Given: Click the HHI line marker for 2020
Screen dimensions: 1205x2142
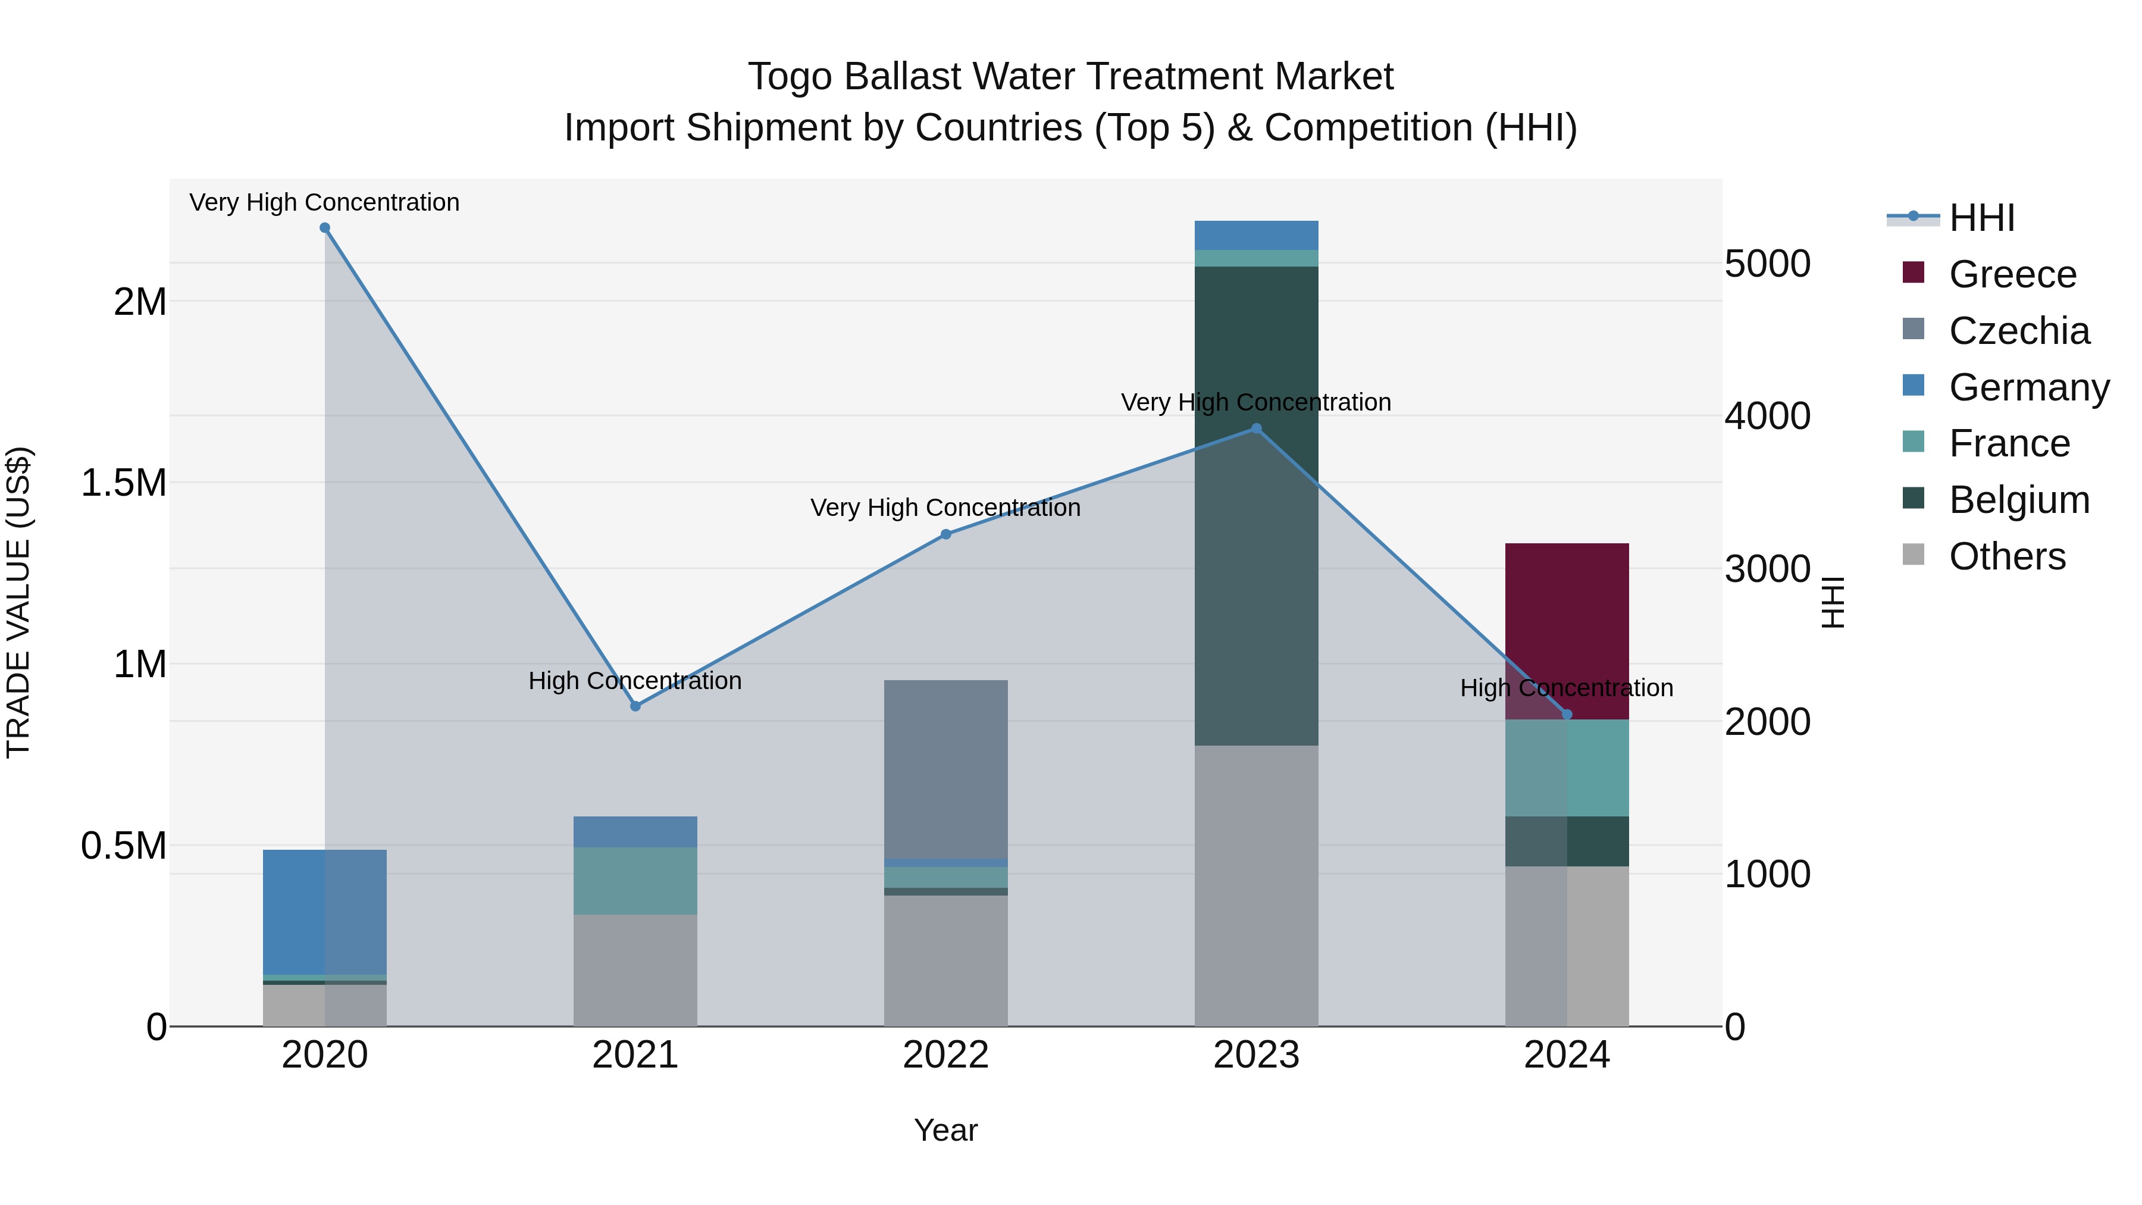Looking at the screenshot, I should click(324, 228).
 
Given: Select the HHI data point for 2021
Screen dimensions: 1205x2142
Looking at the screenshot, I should click(635, 706).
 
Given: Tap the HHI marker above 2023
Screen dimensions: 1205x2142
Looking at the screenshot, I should click(1257, 429).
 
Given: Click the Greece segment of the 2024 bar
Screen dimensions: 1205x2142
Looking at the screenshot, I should click(1567, 615).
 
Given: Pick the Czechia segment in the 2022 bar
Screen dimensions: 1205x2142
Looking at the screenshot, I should click(945, 769).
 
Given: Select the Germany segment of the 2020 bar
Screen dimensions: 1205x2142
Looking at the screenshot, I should click(324, 912).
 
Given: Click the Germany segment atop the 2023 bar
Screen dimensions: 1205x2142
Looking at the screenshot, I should click(1257, 235).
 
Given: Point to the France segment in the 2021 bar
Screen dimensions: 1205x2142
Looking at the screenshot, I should click(635, 881).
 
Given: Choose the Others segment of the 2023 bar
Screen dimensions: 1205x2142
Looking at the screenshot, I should click(1257, 885).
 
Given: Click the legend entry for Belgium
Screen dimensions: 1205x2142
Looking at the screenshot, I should click(2018, 500).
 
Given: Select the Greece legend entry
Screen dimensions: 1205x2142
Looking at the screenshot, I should click(2012, 274).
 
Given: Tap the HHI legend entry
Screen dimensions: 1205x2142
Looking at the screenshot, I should click(1981, 218).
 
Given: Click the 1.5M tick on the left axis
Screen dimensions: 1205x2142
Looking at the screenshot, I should click(123, 483).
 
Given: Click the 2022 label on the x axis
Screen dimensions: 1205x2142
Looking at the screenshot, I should click(945, 1055).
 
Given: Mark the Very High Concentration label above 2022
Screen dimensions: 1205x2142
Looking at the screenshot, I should click(945, 507).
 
